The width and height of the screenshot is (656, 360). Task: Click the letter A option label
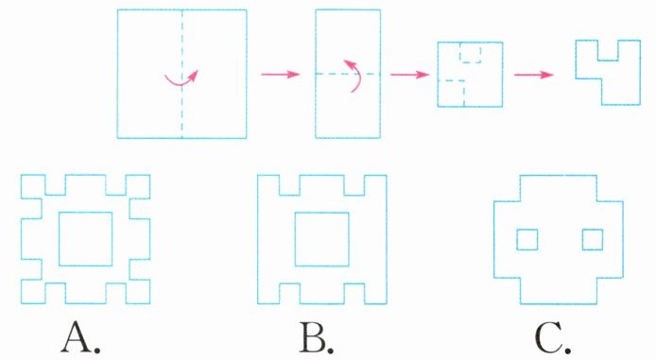(81, 337)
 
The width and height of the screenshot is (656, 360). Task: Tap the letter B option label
(317, 337)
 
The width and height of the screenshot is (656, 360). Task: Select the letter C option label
(553, 337)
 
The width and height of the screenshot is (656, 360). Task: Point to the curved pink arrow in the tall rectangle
(356, 76)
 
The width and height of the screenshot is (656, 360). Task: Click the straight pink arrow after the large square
(281, 75)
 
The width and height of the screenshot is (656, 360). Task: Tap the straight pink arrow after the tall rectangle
(410, 75)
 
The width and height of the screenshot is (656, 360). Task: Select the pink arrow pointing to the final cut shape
(534, 75)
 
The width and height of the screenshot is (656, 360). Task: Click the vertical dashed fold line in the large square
(182, 74)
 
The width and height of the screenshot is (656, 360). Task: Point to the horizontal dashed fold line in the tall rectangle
(348, 74)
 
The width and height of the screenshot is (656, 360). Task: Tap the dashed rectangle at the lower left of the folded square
(451, 94)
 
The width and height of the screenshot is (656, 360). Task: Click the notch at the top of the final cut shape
(608, 50)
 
